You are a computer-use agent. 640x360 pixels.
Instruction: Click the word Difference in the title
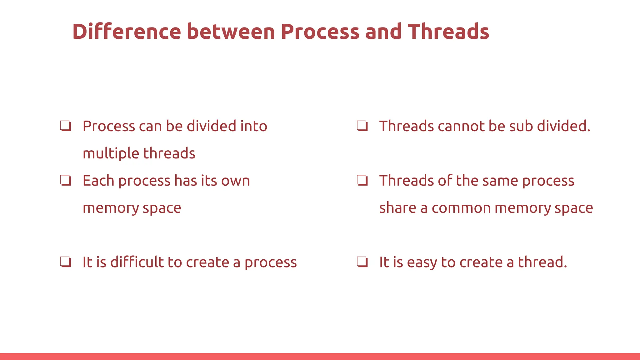(127, 32)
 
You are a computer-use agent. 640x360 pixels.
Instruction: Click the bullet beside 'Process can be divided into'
(66, 126)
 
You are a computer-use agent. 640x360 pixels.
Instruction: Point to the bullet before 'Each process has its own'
(66, 181)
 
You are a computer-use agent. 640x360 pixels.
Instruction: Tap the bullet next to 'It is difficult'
(66, 262)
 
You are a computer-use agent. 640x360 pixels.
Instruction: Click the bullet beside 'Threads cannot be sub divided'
(362, 126)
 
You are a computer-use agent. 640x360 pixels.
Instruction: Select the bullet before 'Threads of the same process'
(362, 181)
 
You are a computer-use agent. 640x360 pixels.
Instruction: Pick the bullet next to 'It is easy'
(362, 262)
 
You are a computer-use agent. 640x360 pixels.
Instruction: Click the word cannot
(461, 126)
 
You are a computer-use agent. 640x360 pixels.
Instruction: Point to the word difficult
(137, 262)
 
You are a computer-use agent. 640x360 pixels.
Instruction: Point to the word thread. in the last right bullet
(542, 262)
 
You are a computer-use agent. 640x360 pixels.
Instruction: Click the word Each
(98, 181)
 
